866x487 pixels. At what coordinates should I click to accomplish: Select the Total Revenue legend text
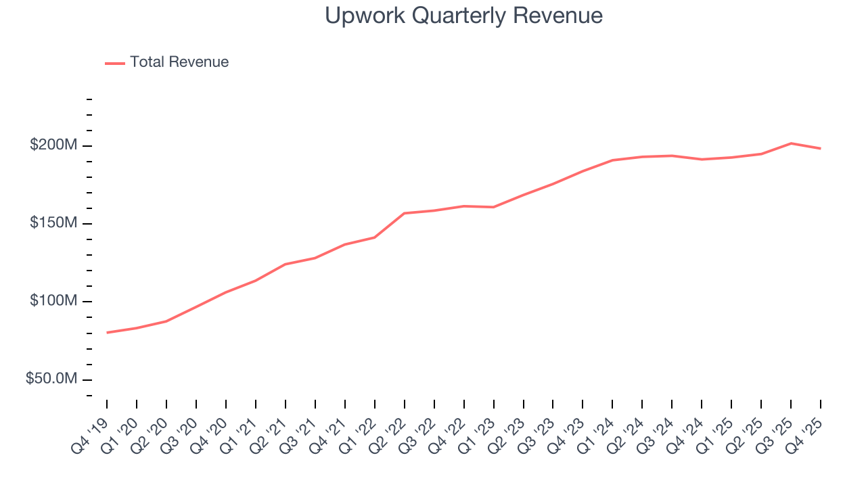coord(179,62)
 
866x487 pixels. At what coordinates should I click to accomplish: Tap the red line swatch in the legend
coord(115,63)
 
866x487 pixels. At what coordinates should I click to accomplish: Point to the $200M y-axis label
coord(53,145)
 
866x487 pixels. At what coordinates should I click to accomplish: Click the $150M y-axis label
coord(53,223)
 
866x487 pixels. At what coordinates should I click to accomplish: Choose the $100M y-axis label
coord(53,301)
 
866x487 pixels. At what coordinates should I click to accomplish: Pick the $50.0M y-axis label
coord(51,379)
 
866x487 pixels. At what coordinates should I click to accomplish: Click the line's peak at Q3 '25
coord(791,143)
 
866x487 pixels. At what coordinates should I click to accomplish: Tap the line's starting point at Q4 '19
coord(107,333)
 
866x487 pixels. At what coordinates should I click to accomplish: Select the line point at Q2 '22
coord(404,213)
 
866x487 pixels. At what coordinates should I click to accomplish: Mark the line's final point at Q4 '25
coord(821,148)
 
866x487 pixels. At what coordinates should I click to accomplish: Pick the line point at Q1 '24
coord(612,160)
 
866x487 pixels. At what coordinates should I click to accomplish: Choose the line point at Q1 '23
coord(493,207)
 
